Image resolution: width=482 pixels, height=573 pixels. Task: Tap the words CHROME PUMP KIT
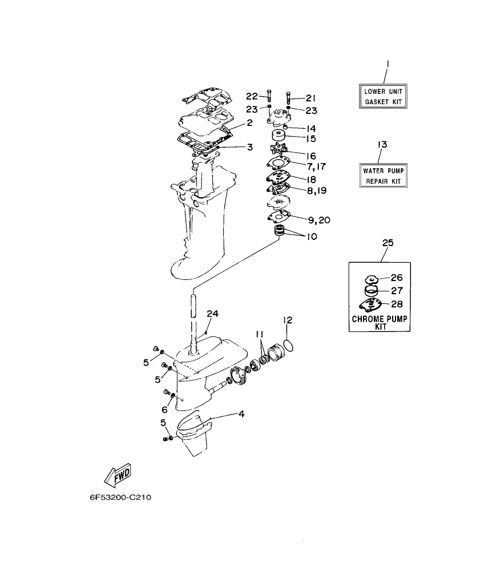coord(380,322)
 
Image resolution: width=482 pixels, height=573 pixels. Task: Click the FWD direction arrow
coord(118,475)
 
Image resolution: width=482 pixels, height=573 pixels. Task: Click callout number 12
coord(288,320)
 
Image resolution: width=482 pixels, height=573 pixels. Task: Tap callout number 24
coord(213,314)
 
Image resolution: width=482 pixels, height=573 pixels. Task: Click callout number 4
coord(240,413)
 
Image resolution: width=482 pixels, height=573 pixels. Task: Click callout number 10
coord(312,236)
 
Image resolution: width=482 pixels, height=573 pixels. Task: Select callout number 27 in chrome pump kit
coord(396,290)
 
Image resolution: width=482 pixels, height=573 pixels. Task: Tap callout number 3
coord(250,147)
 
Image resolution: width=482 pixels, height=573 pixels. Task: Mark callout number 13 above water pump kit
coord(382,145)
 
